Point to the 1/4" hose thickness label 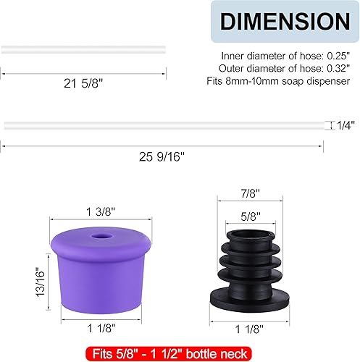(346, 125)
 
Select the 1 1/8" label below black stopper (248, 329)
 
